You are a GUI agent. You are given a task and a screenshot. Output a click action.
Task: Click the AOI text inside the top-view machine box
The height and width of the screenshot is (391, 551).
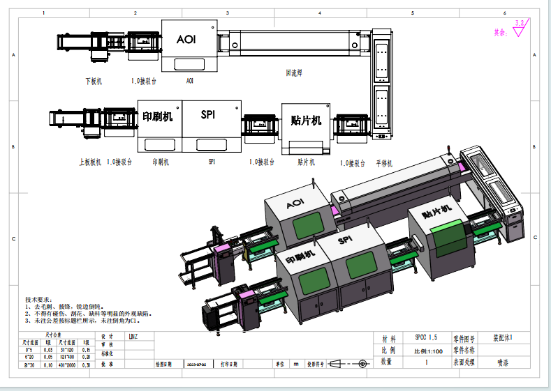click(x=186, y=40)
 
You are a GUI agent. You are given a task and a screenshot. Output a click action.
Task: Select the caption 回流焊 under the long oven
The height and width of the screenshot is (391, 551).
click(x=293, y=72)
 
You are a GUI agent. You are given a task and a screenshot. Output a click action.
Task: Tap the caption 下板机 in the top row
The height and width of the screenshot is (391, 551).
click(x=94, y=81)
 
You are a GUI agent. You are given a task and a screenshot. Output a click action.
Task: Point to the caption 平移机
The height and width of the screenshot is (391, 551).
click(x=385, y=162)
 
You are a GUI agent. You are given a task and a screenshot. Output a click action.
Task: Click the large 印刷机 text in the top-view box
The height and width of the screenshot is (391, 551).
click(x=158, y=116)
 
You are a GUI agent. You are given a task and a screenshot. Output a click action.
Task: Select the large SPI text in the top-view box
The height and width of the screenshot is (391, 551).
click(x=207, y=114)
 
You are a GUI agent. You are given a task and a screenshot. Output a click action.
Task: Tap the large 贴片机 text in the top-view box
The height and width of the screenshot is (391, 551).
click(x=306, y=120)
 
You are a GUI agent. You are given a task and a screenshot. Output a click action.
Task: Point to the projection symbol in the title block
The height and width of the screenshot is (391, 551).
click(x=348, y=364)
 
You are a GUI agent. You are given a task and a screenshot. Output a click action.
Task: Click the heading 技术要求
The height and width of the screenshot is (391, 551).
click(x=39, y=298)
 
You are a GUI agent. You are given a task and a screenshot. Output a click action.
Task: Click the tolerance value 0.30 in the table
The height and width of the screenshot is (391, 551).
click(x=86, y=364)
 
